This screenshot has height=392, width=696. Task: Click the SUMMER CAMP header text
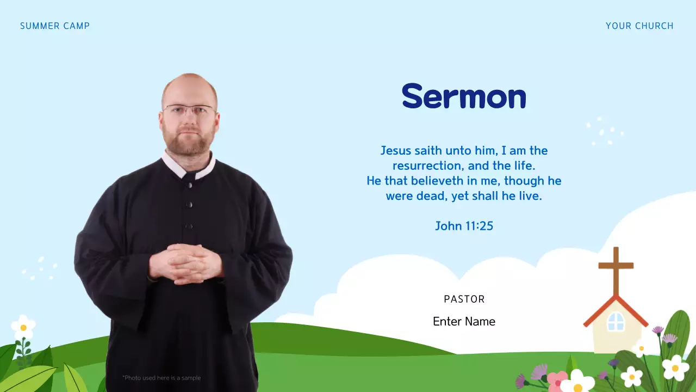click(55, 26)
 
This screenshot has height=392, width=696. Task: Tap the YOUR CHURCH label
click(639, 26)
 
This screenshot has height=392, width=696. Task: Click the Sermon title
click(464, 97)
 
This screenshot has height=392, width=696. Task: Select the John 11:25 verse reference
click(464, 226)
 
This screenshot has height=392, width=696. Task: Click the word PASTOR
click(464, 299)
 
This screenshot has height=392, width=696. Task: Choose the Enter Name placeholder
click(464, 322)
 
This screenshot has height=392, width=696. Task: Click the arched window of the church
click(616, 322)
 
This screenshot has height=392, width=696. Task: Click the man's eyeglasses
click(189, 111)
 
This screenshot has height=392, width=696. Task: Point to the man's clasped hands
click(186, 264)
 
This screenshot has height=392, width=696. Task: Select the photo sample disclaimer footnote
click(161, 378)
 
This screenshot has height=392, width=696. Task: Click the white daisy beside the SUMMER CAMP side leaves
click(23, 327)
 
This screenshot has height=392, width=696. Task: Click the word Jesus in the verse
click(396, 150)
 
